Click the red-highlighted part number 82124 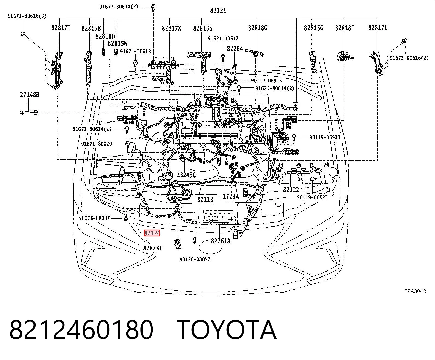pyautogui.click(x=152, y=233)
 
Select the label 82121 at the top pyautogui.click(x=218, y=10)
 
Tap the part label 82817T pyautogui.click(x=61, y=28)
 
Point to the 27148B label pyautogui.click(x=30, y=95)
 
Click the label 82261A pyautogui.click(x=221, y=241)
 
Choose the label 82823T pyautogui.click(x=153, y=248)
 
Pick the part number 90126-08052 pyautogui.click(x=195, y=259)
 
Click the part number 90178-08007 pyautogui.click(x=94, y=218)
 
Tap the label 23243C pyautogui.click(x=186, y=175)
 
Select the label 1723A pyautogui.click(x=231, y=196)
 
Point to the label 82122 pyautogui.click(x=291, y=190)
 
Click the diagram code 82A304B pyautogui.click(x=415, y=291)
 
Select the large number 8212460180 pyautogui.click(x=81, y=330)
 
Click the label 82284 pyautogui.click(x=235, y=49)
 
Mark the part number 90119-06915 pyautogui.click(x=266, y=81)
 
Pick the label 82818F pyautogui.click(x=345, y=28)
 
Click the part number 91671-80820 pyautogui.click(x=96, y=144)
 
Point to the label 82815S pyautogui.click(x=203, y=28)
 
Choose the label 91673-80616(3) pyautogui.click(x=27, y=16)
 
